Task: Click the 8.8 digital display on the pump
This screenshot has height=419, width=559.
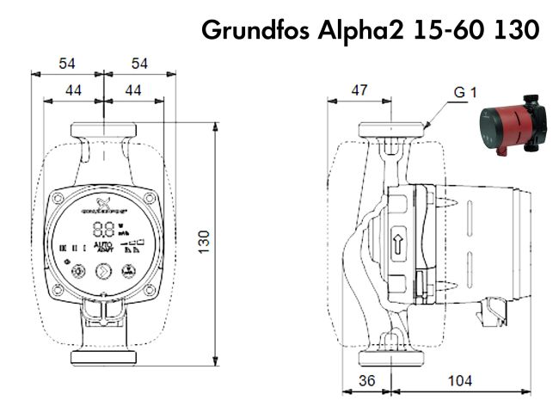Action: [103, 230]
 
